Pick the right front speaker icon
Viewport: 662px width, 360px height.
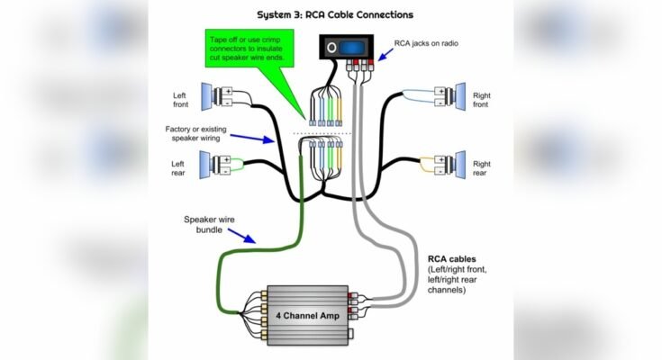coord(457,95)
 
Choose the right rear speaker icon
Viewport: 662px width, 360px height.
coord(457,165)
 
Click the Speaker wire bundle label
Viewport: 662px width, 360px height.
coord(209,224)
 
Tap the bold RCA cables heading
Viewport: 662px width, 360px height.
coord(451,258)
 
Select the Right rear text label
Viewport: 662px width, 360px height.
coord(482,168)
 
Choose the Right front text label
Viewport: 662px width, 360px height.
coord(482,99)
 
